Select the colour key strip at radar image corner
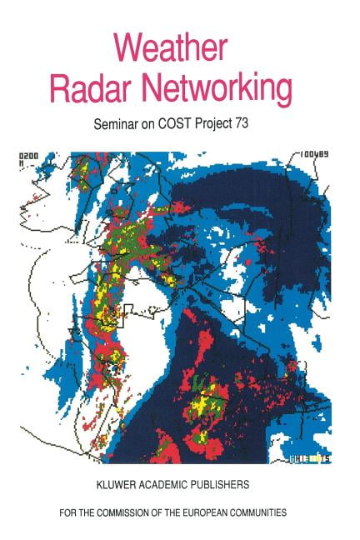(x=311, y=457)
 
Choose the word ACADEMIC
(x=167, y=483)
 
